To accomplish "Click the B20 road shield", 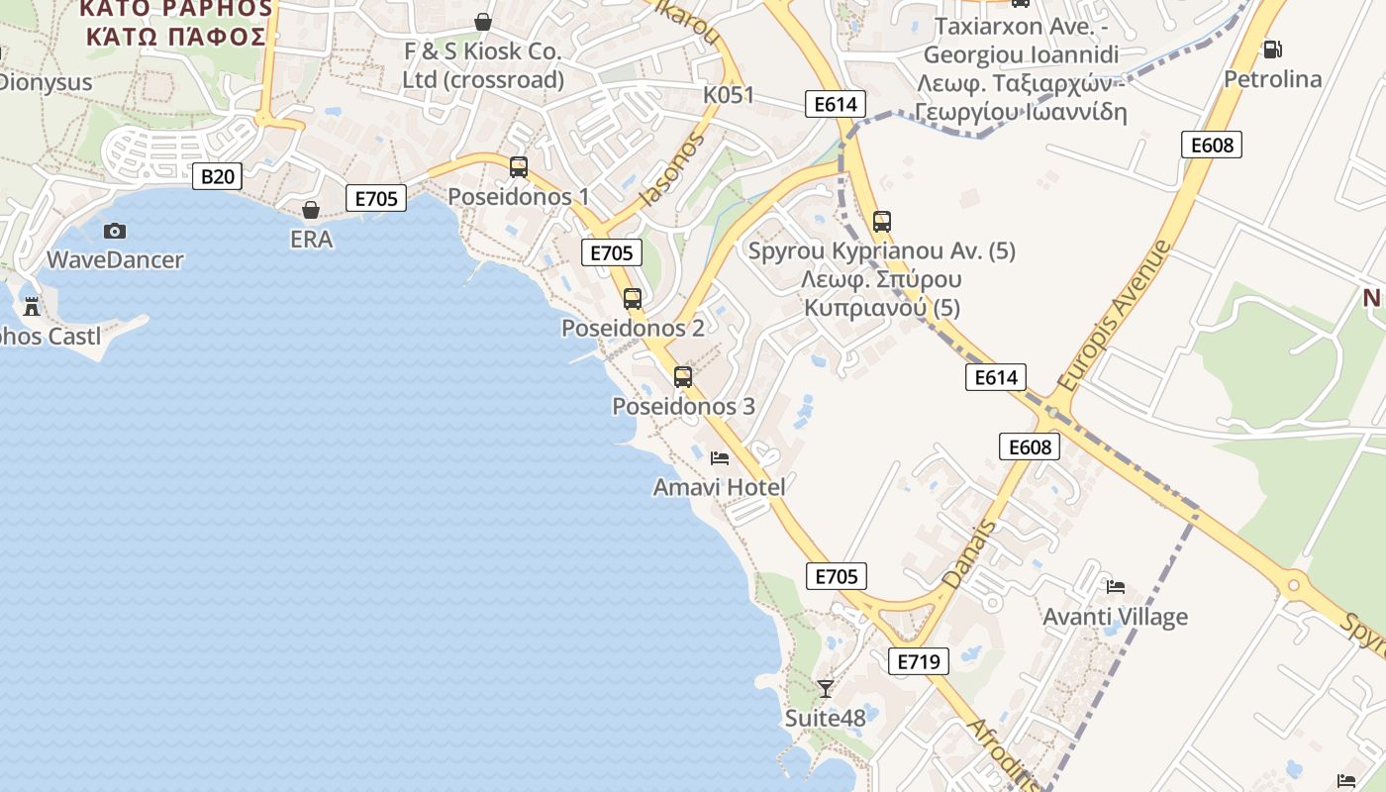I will coord(217,177).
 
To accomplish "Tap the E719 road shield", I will coord(918,661).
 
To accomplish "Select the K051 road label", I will coord(729,95).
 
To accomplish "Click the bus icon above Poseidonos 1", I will coord(519,166).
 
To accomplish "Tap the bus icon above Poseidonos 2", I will coord(633,298).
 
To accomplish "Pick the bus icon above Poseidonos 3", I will coord(683,376).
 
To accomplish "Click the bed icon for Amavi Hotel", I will coord(720,457).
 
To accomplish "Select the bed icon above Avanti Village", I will coord(1116,587).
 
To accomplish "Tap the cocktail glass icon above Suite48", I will coord(826,688).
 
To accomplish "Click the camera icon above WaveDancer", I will coord(115,231).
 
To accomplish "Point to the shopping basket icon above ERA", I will coord(311,210).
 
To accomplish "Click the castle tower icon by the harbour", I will coord(32,306).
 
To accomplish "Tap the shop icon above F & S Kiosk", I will coord(483,21).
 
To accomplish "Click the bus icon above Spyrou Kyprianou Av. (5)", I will coord(882,222).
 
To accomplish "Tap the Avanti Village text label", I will coord(1116,617).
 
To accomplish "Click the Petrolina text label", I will coord(1273,78).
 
